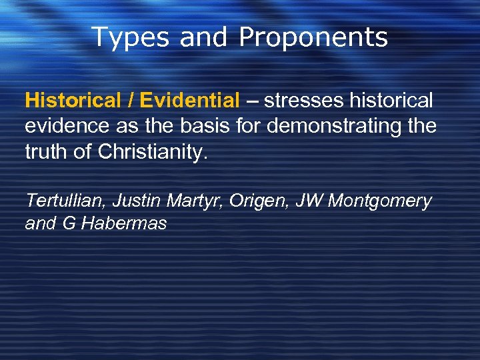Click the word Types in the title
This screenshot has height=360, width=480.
130,38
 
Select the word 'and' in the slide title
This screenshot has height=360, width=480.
204,38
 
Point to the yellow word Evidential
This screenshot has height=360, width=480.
189,101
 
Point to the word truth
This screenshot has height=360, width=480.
45,153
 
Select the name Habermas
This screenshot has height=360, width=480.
123,224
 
